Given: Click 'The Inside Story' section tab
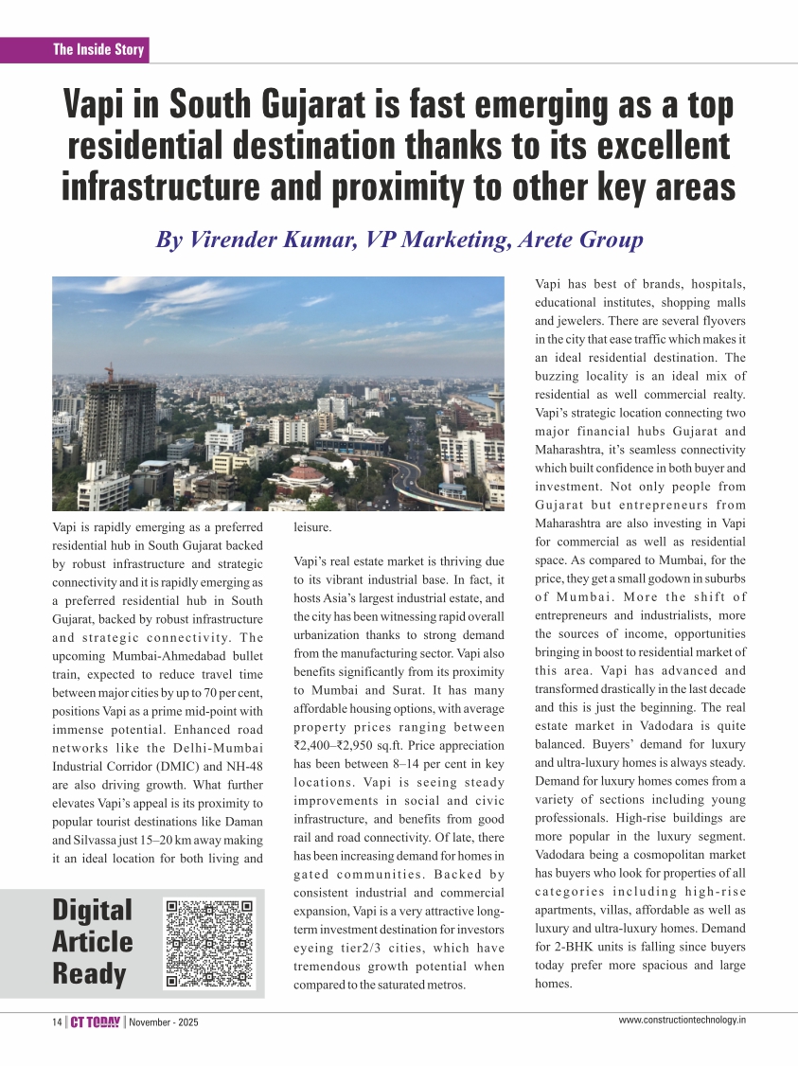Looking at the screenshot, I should [x=98, y=50].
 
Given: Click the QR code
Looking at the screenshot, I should [x=209, y=943].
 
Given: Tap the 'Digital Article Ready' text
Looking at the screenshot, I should [x=93, y=942].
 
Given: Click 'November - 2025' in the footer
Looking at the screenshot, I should [x=164, y=1022].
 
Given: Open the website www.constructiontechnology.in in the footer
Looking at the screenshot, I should [x=683, y=1020].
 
